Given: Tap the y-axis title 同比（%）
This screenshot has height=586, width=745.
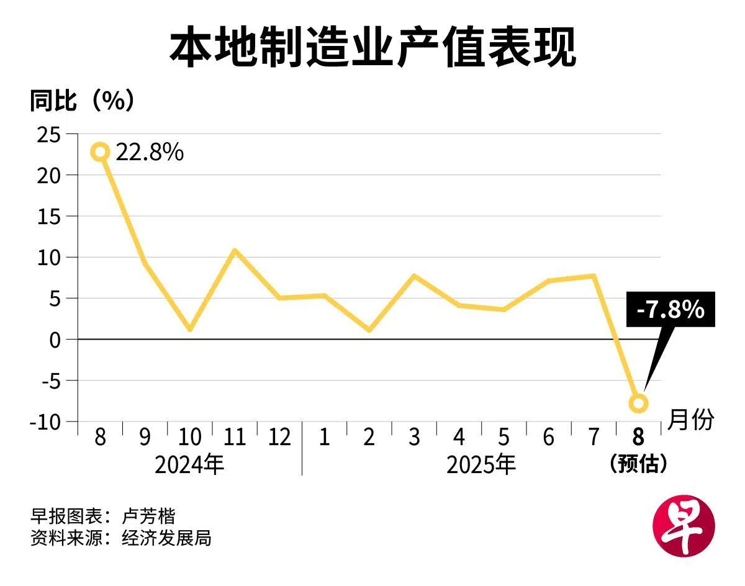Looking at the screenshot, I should [x=81, y=101].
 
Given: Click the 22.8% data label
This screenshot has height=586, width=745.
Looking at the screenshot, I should [x=150, y=152].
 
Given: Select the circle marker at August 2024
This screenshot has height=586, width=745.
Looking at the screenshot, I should [x=101, y=151].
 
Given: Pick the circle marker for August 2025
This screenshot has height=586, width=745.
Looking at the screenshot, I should [x=638, y=403].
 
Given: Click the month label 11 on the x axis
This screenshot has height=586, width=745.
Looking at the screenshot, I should [x=235, y=438].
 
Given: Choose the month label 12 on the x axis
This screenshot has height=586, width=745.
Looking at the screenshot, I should [x=279, y=438].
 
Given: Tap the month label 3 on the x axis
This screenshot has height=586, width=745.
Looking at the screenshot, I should [x=414, y=438].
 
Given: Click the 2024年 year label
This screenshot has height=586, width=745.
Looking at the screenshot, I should [x=189, y=464].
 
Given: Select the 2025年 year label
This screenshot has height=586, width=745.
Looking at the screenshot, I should [x=481, y=464].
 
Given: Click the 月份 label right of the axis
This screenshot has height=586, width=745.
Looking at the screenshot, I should [x=691, y=420].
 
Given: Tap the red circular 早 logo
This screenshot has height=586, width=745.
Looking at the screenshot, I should [x=684, y=526].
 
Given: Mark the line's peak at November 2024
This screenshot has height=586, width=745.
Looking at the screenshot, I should [x=235, y=251].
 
